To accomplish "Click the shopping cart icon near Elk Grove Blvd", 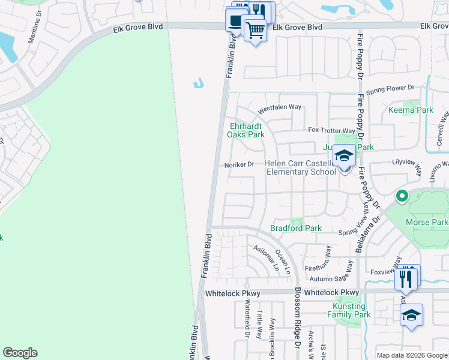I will (x=255, y=30).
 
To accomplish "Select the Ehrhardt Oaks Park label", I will (x=246, y=130).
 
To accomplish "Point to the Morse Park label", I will (x=426, y=222).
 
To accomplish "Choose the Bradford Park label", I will (x=296, y=228).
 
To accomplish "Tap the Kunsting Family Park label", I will (x=352, y=310).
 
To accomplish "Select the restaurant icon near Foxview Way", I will (x=407, y=278).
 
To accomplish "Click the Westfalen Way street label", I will (x=279, y=109).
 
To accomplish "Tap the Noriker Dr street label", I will (x=240, y=164).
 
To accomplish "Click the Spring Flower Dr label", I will (x=390, y=88).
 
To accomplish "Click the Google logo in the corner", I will (x=20, y=353).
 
